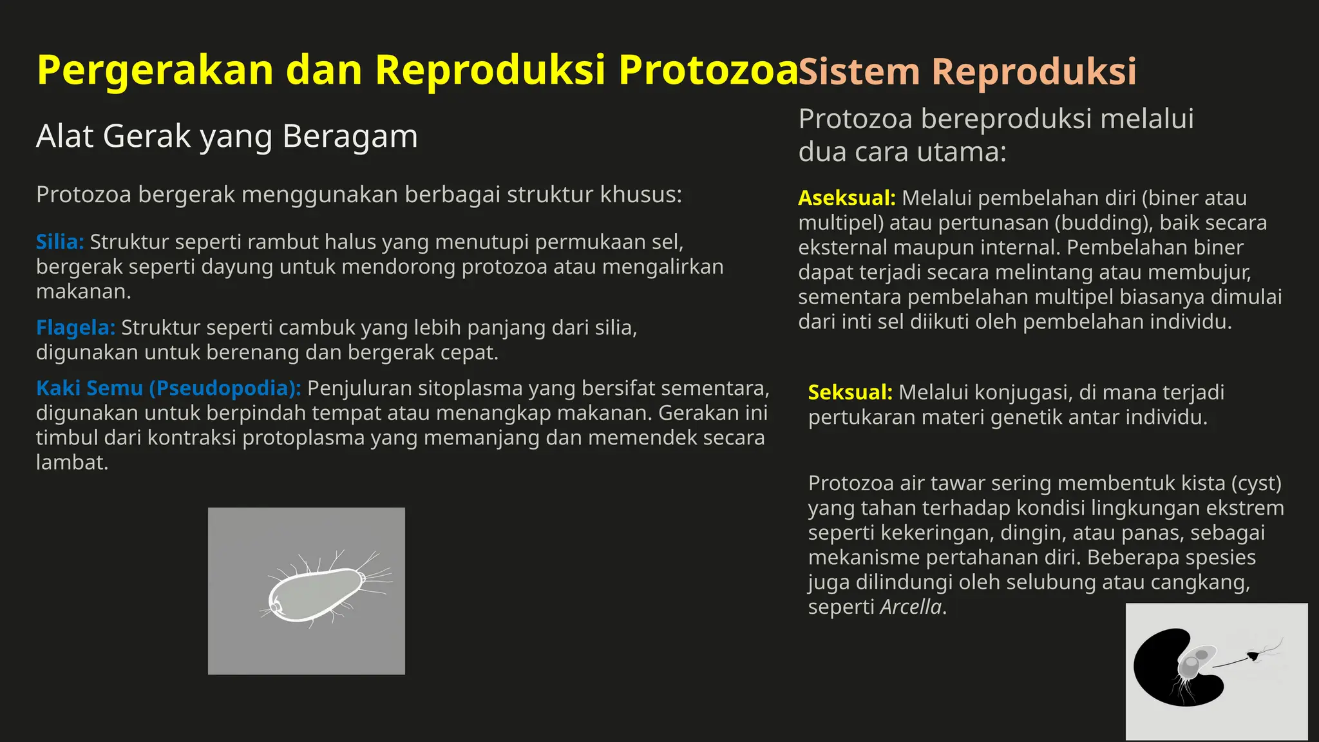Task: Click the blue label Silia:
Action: (x=60, y=242)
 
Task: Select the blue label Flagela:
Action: (x=75, y=328)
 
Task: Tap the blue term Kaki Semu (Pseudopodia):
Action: (x=168, y=388)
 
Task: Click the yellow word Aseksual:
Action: (x=846, y=198)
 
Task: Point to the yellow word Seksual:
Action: (x=849, y=392)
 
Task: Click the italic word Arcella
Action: (x=910, y=607)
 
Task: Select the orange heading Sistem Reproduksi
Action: (x=967, y=71)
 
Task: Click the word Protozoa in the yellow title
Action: (x=708, y=70)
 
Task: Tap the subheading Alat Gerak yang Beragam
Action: (x=227, y=137)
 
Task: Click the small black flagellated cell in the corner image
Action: (x=1253, y=656)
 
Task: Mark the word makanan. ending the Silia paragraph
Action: (x=83, y=292)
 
